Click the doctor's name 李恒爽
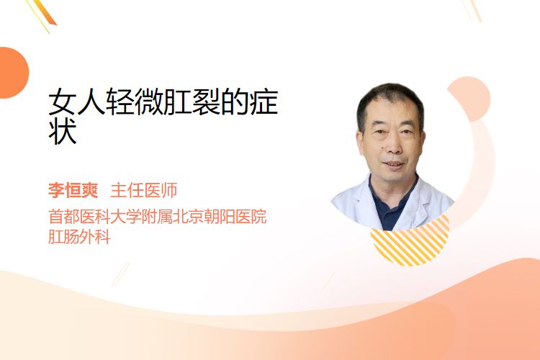[x=73, y=190]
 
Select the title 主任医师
[x=144, y=190]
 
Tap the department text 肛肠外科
[x=79, y=237]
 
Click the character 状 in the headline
[x=63, y=132]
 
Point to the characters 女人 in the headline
[x=77, y=102]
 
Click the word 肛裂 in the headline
[x=192, y=102]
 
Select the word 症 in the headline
[x=264, y=102]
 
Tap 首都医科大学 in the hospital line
[x=95, y=217]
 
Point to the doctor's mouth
[x=393, y=164]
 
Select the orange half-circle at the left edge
[x=13, y=73]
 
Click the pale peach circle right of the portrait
[x=471, y=99]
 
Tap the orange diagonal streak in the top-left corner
[x=45, y=13]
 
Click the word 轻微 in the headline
[x=135, y=102]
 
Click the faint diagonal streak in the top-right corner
[x=472, y=10]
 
